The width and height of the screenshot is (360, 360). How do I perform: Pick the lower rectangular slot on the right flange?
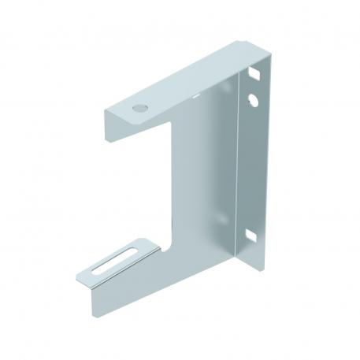pos(252,234)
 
